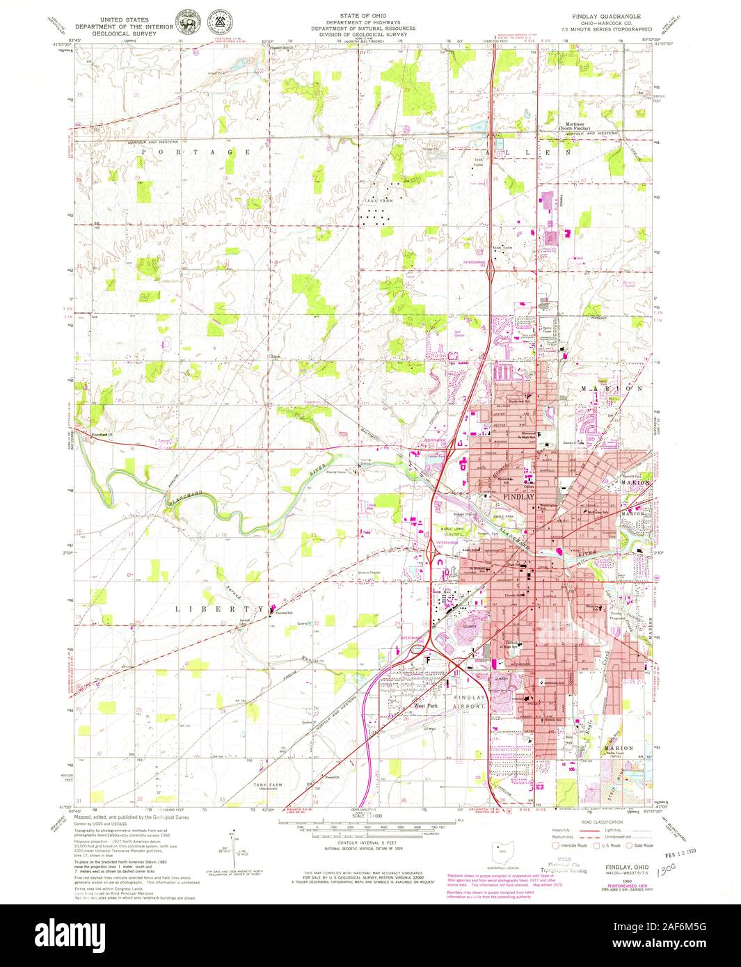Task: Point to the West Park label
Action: (426, 705)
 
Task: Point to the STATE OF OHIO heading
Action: (364, 15)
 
